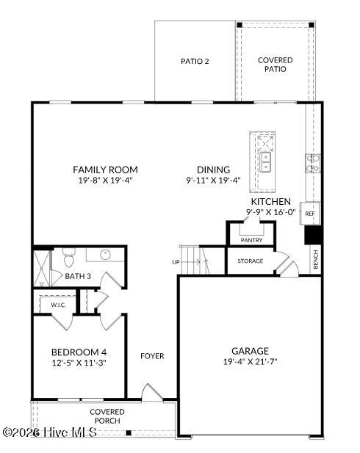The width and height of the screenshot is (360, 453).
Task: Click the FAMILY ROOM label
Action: click(105, 170)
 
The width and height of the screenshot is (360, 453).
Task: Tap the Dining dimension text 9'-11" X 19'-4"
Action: click(213, 181)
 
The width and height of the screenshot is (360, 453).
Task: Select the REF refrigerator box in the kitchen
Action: click(310, 214)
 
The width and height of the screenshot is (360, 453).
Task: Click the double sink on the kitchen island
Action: click(265, 162)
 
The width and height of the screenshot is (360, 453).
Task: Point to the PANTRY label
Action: click(251, 240)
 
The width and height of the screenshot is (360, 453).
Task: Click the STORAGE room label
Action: click(251, 261)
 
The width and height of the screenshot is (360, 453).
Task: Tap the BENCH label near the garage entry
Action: click(315, 259)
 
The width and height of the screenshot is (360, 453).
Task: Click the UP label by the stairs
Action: click(176, 262)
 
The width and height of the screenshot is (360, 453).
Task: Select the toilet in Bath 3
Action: click(69, 257)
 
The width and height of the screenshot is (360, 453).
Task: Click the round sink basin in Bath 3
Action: click(105, 255)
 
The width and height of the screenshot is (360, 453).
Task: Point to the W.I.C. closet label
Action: click(59, 305)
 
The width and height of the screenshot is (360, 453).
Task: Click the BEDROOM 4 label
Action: click(79, 352)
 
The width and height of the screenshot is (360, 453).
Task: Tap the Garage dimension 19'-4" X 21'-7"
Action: click(250, 362)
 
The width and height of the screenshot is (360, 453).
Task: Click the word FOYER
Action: click(152, 356)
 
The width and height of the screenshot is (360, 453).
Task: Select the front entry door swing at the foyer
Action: click(151, 392)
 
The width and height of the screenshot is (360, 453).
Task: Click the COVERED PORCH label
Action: click(107, 416)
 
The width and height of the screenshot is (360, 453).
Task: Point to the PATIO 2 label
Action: click(195, 61)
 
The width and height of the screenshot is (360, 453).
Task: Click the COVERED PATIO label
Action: click(276, 65)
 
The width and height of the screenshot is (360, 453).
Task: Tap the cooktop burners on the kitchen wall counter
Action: click(313, 163)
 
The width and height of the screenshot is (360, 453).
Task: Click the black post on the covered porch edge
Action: click(129, 432)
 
